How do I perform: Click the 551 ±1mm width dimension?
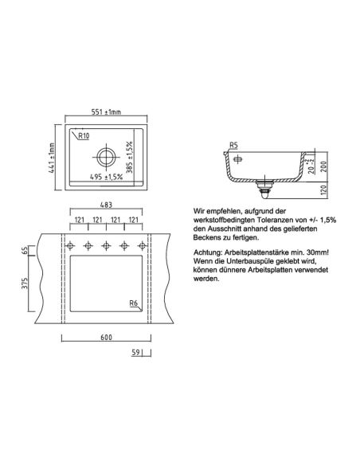[x=106, y=112]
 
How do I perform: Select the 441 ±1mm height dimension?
[x=52, y=158]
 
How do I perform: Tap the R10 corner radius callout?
[x=84, y=136]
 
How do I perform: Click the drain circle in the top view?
[x=106, y=157]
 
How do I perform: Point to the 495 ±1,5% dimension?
[x=106, y=177]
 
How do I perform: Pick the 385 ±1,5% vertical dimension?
[x=129, y=157]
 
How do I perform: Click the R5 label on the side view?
[x=233, y=145]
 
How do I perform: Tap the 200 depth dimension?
[x=323, y=166]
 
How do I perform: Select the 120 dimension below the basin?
[x=323, y=190]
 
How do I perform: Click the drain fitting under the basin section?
[x=264, y=188]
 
